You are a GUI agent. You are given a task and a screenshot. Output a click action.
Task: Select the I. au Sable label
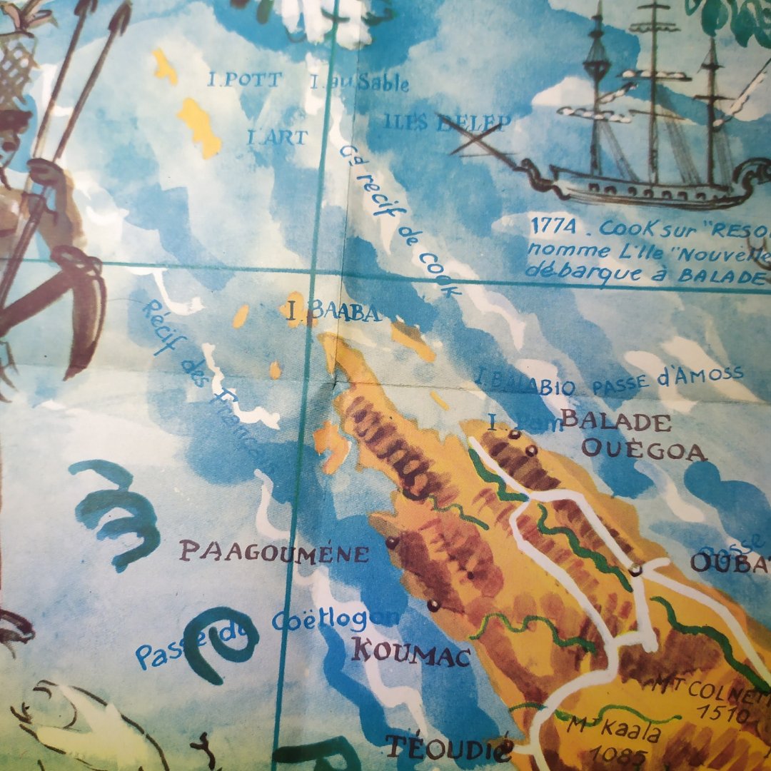[360, 83]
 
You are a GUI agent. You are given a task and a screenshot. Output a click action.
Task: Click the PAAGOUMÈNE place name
[274, 552]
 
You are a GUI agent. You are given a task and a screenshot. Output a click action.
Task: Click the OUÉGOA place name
[643, 450]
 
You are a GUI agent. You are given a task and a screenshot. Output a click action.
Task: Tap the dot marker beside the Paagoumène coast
[391, 543]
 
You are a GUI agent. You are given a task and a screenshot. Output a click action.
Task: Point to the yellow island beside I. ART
[199, 126]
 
